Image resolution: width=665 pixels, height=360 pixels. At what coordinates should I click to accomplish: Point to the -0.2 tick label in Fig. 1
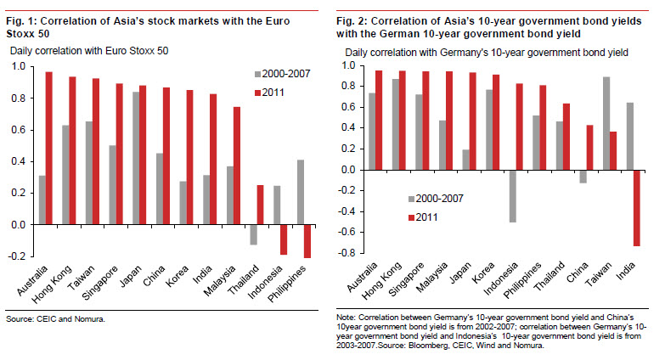tap(15, 257)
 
